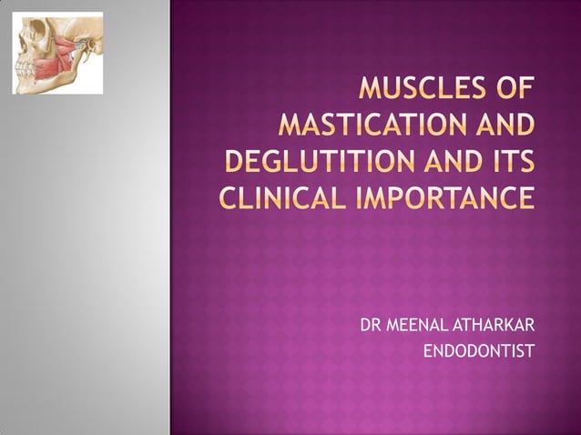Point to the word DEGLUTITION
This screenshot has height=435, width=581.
coord(319,161)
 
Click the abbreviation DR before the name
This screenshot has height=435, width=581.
coord(371,326)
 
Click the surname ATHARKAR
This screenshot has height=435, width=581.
coord(491,326)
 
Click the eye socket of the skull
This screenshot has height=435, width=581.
coord(26,42)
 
